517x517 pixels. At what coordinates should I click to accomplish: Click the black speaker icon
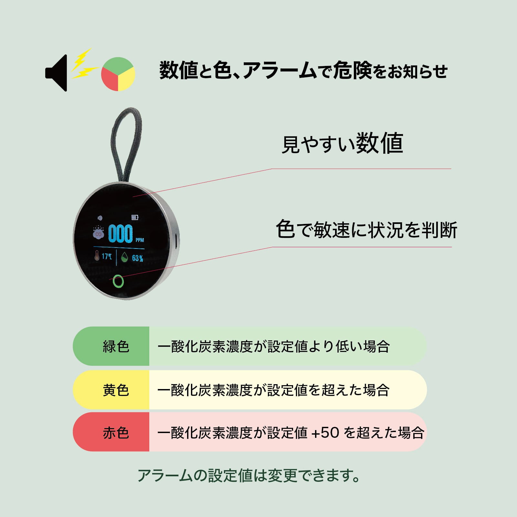pyautogui.click(x=57, y=73)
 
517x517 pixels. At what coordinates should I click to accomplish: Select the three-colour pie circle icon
pyautogui.click(x=118, y=74)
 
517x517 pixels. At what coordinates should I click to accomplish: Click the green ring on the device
pyautogui.click(x=119, y=281)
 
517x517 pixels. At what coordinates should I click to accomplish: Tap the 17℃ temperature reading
pyautogui.click(x=107, y=257)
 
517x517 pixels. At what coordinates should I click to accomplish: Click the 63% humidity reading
pyautogui.click(x=137, y=258)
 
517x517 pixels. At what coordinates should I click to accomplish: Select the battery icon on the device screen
pyautogui.click(x=135, y=217)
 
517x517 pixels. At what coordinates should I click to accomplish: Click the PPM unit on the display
pyautogui.click(x=140, y=240)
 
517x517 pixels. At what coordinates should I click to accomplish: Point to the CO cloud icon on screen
pyautogui.click(x=98, y=233)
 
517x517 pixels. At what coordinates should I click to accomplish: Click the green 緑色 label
pyautogui.click(x=116, y=346)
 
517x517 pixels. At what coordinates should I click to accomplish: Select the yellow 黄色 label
pyautogui.click(x=116, y=390)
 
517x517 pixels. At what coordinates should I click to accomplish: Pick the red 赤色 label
pyautogui.click(x=116, y=433)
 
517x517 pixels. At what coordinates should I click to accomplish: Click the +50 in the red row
pyautogui.click(x=325, y=433)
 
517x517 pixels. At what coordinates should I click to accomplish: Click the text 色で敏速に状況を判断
pyautogui.click(x=366, y=230)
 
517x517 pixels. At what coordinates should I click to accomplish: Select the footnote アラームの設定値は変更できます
pyautogui.click(x=249, y=475)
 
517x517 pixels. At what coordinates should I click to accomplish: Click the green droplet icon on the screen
pyautogui.click(x=125, y=258)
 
